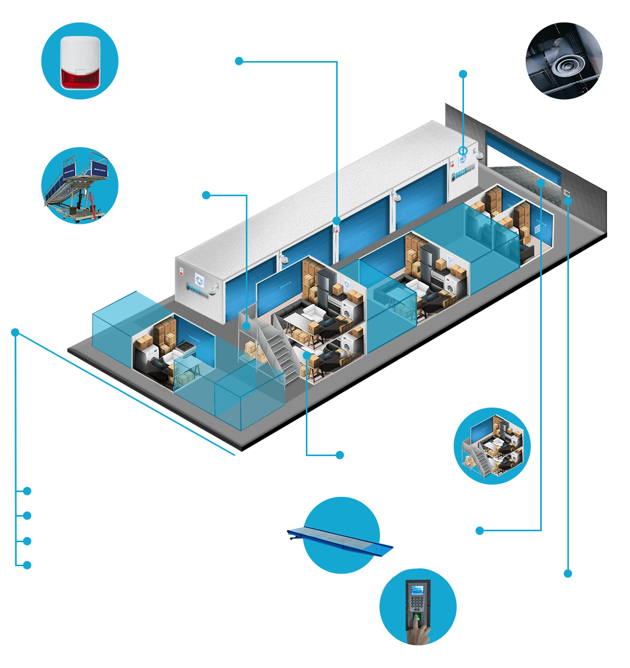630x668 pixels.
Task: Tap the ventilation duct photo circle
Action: click(564, 61)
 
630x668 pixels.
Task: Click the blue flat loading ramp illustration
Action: click(340, 538)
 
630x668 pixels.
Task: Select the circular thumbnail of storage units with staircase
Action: click(492, 446)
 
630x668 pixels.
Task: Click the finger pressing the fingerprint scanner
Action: click(418, 629)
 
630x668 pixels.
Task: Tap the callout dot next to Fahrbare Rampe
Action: click(206, 195)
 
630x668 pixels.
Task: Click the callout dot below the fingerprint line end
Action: click(568, 574)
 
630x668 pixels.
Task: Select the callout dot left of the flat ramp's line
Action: click(480, 531)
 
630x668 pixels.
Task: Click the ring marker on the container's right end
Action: click(462, 151)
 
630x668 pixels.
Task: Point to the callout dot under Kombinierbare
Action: click(340, 455)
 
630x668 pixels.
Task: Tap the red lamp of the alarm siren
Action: click(80, 78)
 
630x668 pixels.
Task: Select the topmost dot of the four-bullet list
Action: click(27, 491)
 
